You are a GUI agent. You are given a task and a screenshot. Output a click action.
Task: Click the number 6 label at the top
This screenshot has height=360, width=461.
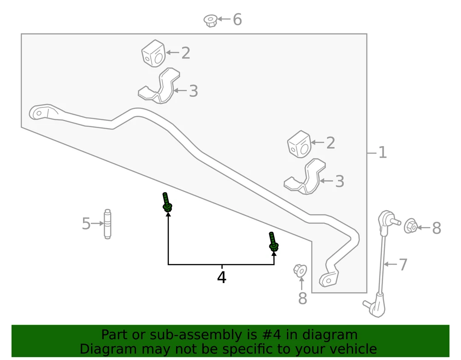tap(237, 19)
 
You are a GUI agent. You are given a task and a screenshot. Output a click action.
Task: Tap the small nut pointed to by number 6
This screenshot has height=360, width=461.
tap(211, 21)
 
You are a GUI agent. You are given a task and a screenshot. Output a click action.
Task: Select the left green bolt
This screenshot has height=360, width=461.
tap(167, 202)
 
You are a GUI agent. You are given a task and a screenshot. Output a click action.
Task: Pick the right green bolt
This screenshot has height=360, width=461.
tap(273, 242)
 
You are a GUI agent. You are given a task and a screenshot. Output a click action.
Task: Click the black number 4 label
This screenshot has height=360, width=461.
tap(222, 277)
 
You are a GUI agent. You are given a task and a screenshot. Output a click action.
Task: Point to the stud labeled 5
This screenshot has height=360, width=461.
tap(107, 224)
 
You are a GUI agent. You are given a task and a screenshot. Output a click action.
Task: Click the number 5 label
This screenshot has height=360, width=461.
tap(86, 224)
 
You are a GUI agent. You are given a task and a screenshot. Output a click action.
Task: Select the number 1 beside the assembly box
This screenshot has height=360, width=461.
tap(383, 153)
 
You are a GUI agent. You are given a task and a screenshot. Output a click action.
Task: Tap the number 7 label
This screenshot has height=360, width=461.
tap(403, 264)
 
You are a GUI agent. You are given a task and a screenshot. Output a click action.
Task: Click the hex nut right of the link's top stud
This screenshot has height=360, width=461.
tap(411, 226)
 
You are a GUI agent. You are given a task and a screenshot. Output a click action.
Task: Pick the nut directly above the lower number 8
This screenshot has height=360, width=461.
tap(300, 271)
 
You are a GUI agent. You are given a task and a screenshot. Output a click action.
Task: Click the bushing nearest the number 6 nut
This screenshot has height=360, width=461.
tap(153, 53)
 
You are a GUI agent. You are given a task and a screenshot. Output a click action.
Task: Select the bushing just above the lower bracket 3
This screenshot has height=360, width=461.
tap(299, 144)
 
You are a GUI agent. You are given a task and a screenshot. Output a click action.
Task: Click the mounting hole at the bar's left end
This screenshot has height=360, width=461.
tap(39, 113)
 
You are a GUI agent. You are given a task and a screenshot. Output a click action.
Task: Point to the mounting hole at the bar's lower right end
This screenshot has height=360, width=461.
tap(328, 281)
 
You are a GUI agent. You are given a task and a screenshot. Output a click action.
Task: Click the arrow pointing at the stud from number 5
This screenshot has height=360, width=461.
tap(97, 224)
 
